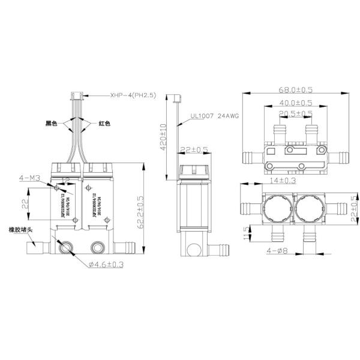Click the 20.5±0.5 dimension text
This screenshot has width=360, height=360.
[295, 113]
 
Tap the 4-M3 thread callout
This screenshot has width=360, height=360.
[29, 178]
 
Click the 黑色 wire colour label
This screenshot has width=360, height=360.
[51, 124]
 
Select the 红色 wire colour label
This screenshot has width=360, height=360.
[104, 124]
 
